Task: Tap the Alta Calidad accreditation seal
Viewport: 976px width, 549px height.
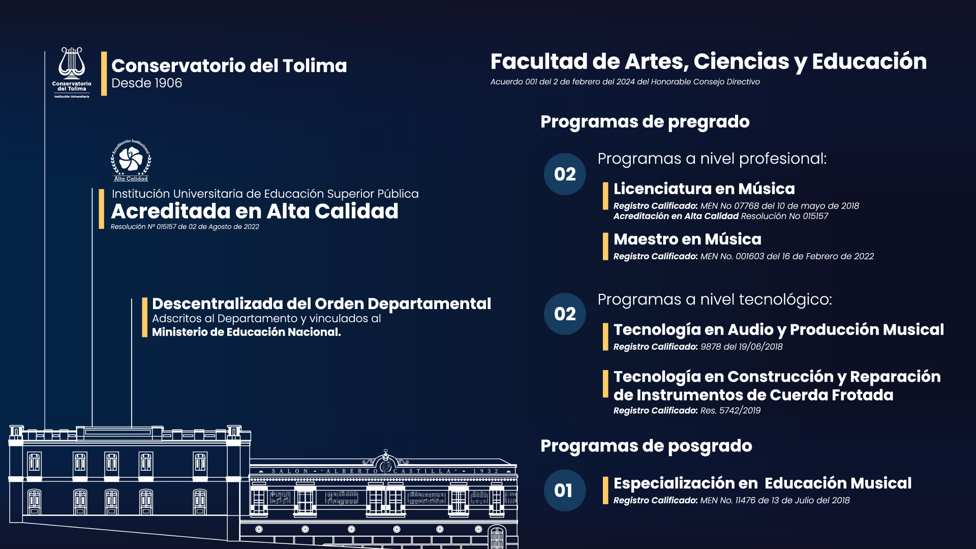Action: point(131,160)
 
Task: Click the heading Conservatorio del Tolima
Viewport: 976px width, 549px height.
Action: point(229,66)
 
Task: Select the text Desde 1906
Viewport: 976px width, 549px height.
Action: point(146,83)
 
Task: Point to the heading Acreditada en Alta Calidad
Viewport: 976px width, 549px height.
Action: point(255,211)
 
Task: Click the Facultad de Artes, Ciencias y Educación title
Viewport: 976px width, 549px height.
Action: point(709,62)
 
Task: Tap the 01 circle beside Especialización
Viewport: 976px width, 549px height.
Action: point(565,491)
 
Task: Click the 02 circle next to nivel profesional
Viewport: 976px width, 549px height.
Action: point(565,174)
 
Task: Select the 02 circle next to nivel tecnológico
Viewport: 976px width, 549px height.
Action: point(565,314)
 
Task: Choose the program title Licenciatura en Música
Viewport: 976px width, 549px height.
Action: point(704,189)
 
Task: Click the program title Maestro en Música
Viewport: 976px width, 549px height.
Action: point(687,239)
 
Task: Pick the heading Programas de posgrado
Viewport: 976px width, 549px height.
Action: point(646,446)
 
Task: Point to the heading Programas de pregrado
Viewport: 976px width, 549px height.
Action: point(645,122)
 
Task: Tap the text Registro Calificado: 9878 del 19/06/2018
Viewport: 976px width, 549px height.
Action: point(698,347)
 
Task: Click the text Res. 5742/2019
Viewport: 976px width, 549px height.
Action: point(730,410)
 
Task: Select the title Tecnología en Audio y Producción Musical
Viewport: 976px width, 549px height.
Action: point(779,330)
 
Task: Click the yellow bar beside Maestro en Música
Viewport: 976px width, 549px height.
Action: point(605,247)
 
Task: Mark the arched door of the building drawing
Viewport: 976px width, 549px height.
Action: point(497,537)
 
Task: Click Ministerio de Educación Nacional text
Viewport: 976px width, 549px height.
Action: point(247,332)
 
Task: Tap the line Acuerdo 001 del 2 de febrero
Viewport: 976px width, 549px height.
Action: point(625,82)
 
